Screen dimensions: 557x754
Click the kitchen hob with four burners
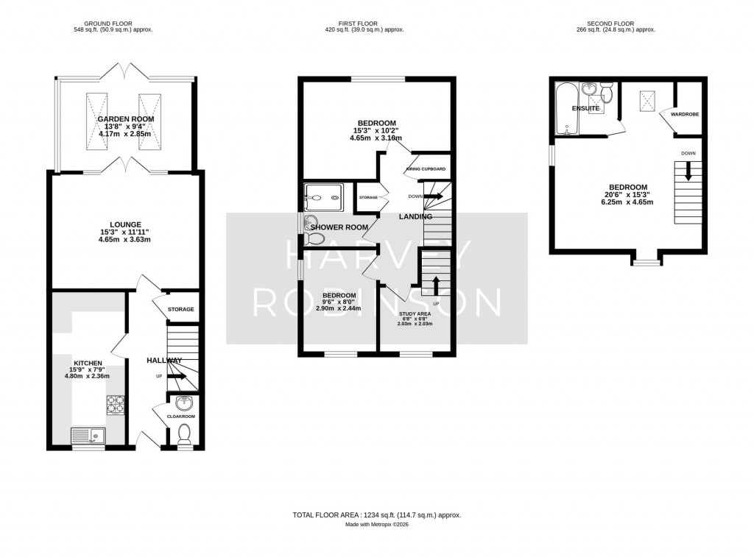(116, 404)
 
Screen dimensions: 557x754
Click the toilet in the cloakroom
(185, 434)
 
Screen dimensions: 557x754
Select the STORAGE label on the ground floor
(180, 309)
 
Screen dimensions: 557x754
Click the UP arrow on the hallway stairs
(177, 376)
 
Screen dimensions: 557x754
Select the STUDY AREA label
(415, 313)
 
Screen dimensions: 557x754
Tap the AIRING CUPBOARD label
(427, 170)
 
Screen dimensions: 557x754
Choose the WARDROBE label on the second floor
(684, 114)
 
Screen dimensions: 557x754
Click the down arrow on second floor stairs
(688, 171)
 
